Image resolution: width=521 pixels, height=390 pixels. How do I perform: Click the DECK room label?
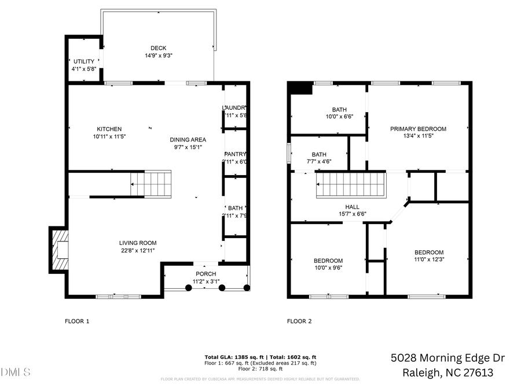pos(159,49)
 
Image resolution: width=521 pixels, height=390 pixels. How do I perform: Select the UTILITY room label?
pos(83,61)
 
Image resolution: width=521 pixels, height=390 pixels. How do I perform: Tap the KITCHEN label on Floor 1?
pos(109,129)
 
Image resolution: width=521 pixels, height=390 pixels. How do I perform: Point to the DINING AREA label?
pos(188,139)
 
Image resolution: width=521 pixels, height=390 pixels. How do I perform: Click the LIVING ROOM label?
pos(138,243)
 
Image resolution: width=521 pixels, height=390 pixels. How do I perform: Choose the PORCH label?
pos(206,274)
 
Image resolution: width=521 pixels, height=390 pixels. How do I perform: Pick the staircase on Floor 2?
pos(350,185)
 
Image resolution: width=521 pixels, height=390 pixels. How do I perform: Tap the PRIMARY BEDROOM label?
pos(418,129)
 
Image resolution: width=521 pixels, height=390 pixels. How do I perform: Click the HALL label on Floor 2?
pos(352,207)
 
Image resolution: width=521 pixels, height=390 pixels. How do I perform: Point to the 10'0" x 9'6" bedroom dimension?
pos(328,268)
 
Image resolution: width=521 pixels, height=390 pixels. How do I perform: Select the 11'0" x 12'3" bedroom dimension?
pos(429,260)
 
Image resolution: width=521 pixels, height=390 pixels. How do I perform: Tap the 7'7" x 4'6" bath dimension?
pos(319,162)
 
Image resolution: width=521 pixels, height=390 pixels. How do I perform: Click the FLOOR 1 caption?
pos(76,321)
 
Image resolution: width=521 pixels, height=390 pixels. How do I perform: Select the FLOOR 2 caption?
pos(299,321)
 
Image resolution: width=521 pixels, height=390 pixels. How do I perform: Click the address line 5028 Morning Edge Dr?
pos(447,358)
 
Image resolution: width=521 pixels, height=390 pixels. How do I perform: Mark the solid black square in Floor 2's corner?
pos(300,88)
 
